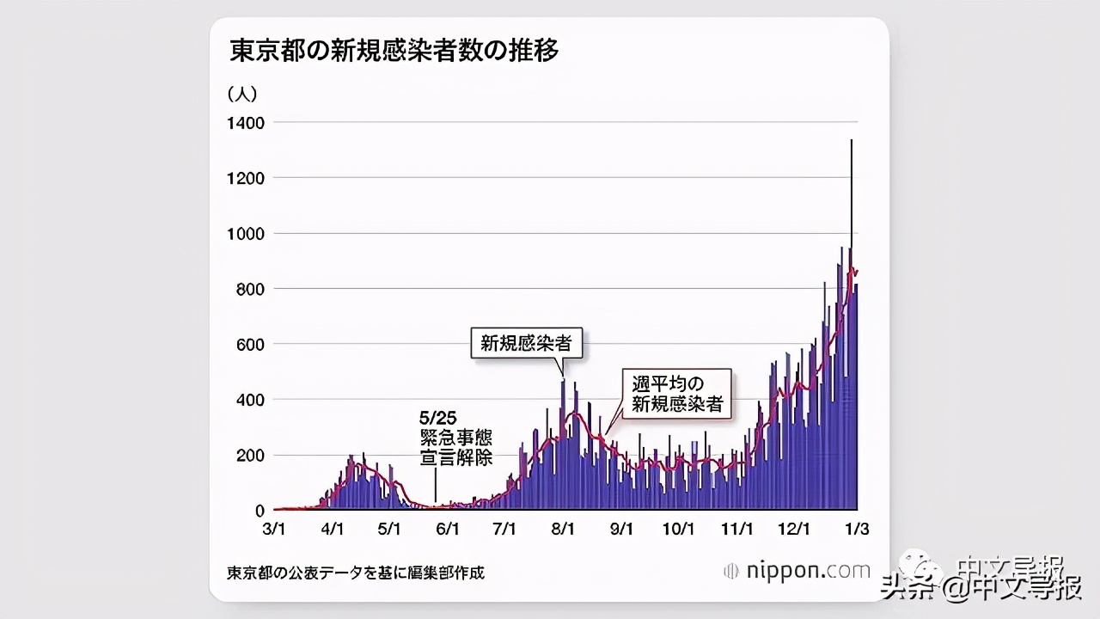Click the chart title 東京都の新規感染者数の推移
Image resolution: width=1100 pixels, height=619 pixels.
[394, 51]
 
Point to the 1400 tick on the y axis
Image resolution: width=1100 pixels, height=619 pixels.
[246, 123]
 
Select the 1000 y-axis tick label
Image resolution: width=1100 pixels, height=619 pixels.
[246, 234]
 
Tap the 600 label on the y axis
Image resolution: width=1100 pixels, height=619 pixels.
[250, 345]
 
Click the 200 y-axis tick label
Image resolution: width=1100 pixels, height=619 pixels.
[250, 456]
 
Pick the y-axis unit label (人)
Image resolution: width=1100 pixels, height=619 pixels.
[242, 93]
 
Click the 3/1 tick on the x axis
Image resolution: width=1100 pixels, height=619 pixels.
[274, 529]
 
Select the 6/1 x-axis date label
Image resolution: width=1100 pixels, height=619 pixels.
[448, 529]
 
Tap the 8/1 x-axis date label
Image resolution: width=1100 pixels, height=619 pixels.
[564, 529]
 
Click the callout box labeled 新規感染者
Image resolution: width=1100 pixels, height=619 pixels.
[526, 344]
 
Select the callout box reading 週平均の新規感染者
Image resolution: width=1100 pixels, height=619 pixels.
[677, 394]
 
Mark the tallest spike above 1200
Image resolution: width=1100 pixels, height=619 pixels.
[851, 146]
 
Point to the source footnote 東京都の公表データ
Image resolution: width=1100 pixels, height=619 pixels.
[356, 572]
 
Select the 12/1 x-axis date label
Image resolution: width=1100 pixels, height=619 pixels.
[794, 529]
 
